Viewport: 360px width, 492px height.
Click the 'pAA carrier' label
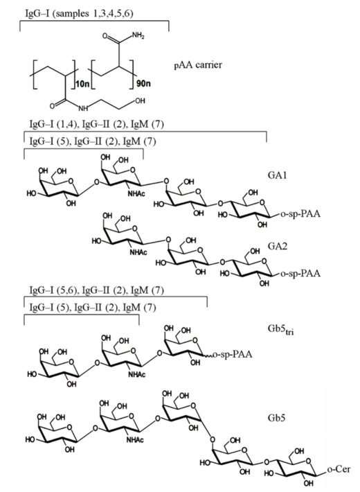pyautogui.click(x=198, y=65)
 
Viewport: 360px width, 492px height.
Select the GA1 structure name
pyautogui.click(x=277, y=175)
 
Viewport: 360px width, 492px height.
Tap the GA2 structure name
pyautogui.click(x=277, y=246)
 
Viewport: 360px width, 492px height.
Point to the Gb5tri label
pyautogui.click(x=280, y=330)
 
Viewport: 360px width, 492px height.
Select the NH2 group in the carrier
pyautogui.click(x=138, y=36)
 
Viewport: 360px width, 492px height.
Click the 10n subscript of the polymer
pyautogui.click(x=82, y=84)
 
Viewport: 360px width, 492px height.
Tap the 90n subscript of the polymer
pyautogui.click(x=143, y=84)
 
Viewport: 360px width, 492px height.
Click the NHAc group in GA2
pyautogui.click(x=138, y=252)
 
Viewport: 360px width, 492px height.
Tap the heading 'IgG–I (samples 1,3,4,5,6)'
pyautogui.click(x=79, y=14)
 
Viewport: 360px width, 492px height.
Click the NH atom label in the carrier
pyautogui.click(x=83, y=109)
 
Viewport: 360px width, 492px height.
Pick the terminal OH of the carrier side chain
pyautogui.click(x=140, y=100)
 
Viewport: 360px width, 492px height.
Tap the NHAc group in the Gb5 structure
pyautogui.click(x=135, y=440)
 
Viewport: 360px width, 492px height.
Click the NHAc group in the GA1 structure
pyautogui.click(x=136, y=193)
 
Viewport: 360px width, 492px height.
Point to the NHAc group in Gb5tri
pyautogui.click(x=137, y=374)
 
